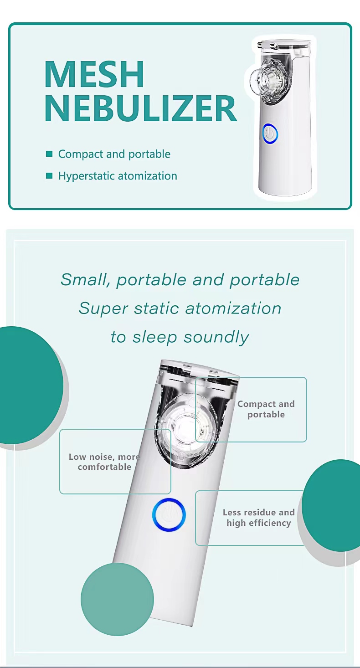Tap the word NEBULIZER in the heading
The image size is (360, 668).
141,108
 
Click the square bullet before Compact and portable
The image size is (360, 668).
49,154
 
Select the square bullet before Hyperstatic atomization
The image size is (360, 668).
49,175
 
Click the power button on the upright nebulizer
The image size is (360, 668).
270,134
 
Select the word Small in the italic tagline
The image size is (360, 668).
83,280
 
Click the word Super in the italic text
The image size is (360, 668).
103,309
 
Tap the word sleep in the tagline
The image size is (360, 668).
155,338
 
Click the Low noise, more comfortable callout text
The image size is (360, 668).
104,462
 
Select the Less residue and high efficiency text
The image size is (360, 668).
258,517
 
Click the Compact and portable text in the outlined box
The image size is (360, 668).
266,409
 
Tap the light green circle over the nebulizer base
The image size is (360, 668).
117,599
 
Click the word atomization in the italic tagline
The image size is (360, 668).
233,308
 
